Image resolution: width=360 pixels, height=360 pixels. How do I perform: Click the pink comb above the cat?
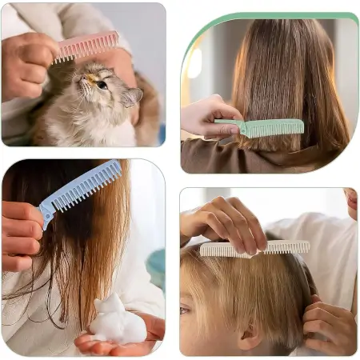(x=86, y=46)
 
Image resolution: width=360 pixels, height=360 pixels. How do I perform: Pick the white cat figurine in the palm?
(x=117, y=320)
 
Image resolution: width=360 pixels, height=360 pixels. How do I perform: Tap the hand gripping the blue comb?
(x=22, y=228)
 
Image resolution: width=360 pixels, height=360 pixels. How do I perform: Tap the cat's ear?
(x=132, y=95)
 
